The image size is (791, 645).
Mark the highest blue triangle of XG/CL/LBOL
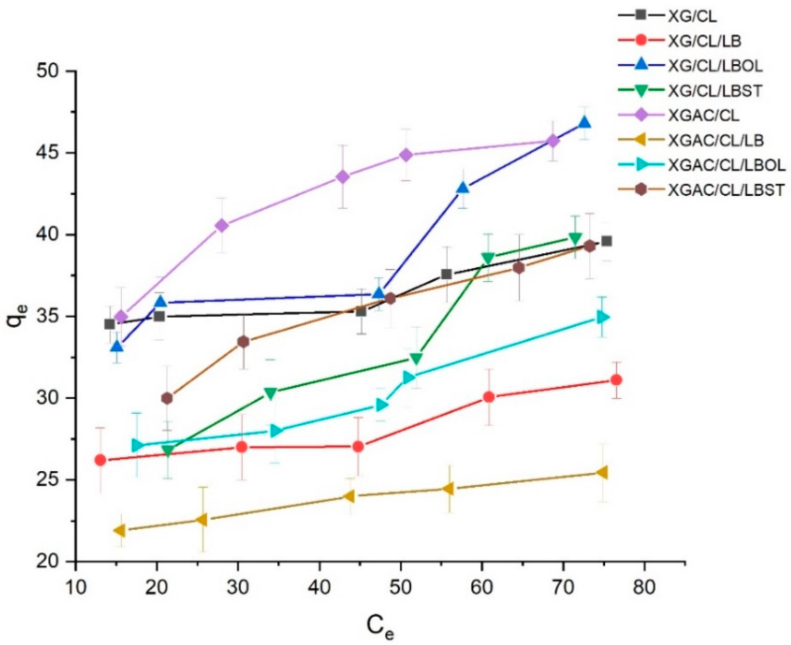point(584,123)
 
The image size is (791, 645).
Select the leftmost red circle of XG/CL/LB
point(100,460)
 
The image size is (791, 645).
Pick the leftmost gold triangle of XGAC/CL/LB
point(119,530)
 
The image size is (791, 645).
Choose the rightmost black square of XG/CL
point(607,241)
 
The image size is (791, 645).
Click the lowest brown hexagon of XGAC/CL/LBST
point(167,398)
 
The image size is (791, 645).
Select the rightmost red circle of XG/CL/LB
point(617,380)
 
